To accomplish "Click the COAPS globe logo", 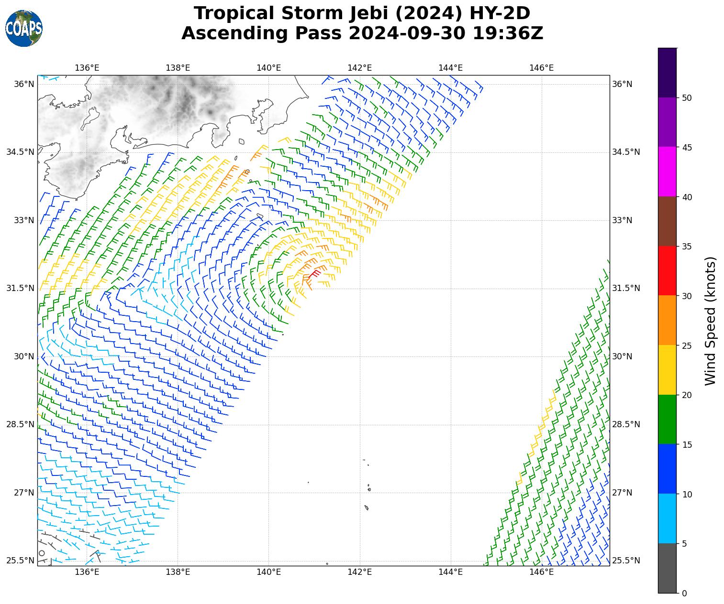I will (24, 29).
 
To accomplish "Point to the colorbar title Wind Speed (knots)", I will (711, 321).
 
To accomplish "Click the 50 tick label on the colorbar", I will (687, 98).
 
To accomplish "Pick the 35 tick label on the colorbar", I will (687, 247).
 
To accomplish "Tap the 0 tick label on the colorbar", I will (684, 593).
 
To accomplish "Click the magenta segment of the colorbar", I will (668, 172).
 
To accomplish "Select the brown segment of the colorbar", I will (668, 221).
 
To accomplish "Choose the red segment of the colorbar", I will (668, 271).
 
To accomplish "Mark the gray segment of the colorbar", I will (668, 568).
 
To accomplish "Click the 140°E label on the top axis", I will (268, 68).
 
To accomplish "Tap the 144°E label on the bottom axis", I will (450, 572).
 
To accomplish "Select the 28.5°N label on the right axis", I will (626, 424).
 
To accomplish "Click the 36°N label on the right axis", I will (622, 84).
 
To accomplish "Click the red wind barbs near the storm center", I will (315, 273).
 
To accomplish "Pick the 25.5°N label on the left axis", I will (20, 561).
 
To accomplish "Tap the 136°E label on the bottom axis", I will (87, 572).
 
